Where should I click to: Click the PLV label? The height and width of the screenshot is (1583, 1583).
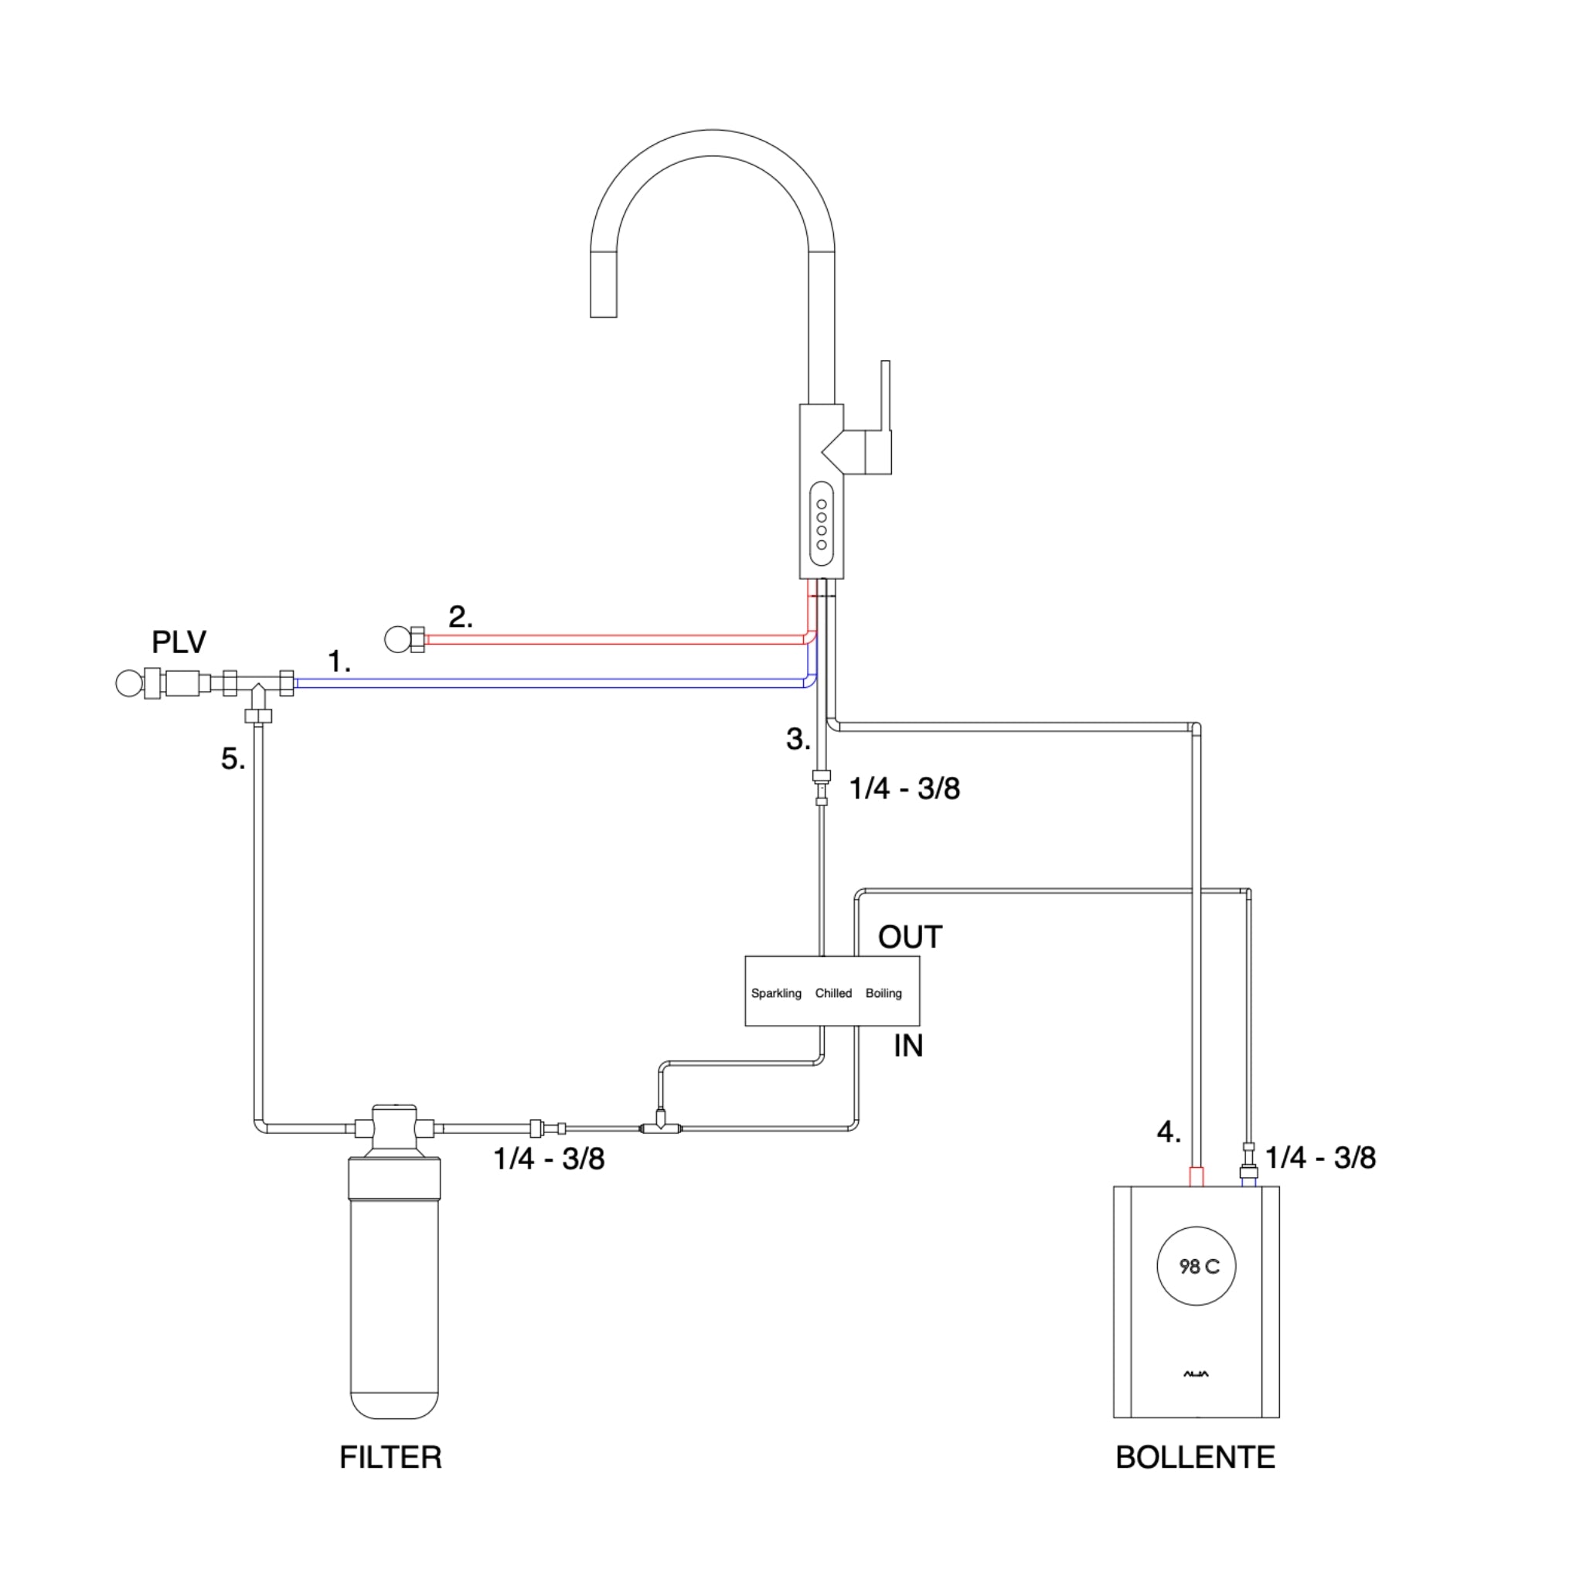point(179,642)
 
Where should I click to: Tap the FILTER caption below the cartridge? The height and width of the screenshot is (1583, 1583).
point(390,1457)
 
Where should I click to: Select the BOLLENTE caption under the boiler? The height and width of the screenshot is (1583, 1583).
point(1195,1457)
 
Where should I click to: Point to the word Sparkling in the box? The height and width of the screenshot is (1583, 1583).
point(775,993)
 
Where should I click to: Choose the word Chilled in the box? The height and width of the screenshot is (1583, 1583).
point(832,993)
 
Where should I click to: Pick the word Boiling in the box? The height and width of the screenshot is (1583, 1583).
point(883,993)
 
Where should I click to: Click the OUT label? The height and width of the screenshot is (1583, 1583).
point(910,938)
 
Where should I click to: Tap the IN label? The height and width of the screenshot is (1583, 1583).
point(908,1047)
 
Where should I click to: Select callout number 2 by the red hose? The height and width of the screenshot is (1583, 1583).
point(460,617)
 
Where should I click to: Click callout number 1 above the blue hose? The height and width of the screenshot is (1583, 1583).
point(339,661)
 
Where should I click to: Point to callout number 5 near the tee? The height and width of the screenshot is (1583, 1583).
point(233,759)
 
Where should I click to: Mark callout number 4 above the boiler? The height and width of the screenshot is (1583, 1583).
point(1169,1132)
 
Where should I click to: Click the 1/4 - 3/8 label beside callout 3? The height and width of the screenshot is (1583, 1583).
point(904,788)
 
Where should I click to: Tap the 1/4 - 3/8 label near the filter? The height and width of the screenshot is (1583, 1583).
point(548,1159)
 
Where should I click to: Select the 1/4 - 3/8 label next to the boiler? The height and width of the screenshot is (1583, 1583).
point(1319,1158)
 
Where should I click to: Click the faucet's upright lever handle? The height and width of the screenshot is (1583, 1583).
point(885,397)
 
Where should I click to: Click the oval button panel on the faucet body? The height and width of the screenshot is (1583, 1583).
point(821,524)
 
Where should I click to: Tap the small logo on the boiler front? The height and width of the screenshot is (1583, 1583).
point(1196,1374)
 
